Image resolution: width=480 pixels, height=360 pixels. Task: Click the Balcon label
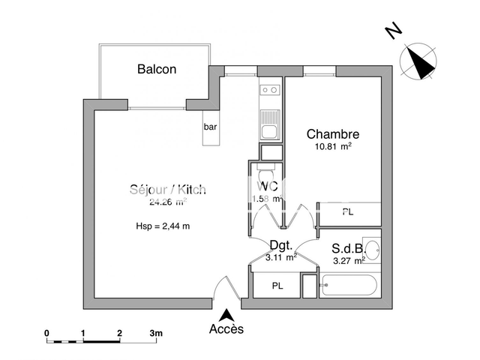point(157,70)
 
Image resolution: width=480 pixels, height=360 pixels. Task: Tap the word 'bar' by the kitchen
point(210,127)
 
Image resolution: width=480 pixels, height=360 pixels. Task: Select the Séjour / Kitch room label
point(167,190)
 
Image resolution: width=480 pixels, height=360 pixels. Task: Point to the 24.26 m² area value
point(167,202)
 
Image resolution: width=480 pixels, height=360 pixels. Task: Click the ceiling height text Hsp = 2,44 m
point(163,226)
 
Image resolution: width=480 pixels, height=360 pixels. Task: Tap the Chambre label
point(333,134)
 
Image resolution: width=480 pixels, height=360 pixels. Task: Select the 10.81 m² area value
point(333,147)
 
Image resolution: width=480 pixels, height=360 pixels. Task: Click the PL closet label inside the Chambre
point(347,212)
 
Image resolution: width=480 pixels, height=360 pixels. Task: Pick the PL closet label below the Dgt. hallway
point(277,286)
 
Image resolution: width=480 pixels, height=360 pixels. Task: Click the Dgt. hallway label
point(281,244)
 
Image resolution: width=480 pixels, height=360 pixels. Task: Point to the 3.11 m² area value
point(281,257)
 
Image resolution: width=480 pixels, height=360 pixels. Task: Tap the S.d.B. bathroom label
point(349,248)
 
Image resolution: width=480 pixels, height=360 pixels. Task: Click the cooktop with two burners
point(268,91)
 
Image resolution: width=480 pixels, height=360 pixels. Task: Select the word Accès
point(226,330)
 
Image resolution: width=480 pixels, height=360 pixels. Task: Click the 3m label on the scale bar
point(155,331)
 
